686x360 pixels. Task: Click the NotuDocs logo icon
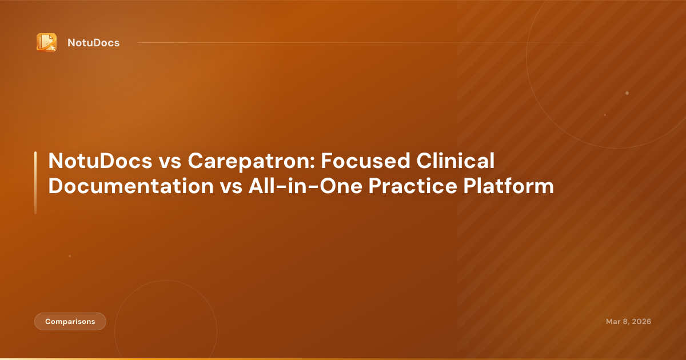tap(46, 42)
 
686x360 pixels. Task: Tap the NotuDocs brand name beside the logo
tap(93, 43)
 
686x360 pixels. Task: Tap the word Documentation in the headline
tap(131, 186)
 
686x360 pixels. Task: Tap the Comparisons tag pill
tap(70, 322)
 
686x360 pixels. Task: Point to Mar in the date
tap(613, 322)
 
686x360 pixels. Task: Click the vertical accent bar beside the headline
tap(35, 183)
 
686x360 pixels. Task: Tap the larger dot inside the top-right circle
tap(627, 93)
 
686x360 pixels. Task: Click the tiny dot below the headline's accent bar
tap(70, 256)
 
